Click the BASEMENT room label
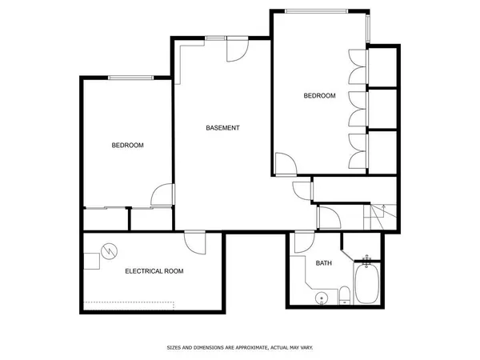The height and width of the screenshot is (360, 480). point(222,128)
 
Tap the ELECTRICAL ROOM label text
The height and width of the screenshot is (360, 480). point(154,271)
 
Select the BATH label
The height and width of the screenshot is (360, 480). point(323,263)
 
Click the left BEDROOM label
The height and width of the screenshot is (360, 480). point(127,145)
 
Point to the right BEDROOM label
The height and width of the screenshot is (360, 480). point(319,96)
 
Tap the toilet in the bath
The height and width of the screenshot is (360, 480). point(344,295)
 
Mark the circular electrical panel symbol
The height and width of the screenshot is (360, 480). point(109,251)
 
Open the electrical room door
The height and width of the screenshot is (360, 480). point(195,241)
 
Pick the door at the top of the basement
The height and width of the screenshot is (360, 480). point(237,50)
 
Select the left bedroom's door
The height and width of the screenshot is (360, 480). point(162,194)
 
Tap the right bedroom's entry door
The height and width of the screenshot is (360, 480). point(285,165)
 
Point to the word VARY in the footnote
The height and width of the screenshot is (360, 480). point(306,347)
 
